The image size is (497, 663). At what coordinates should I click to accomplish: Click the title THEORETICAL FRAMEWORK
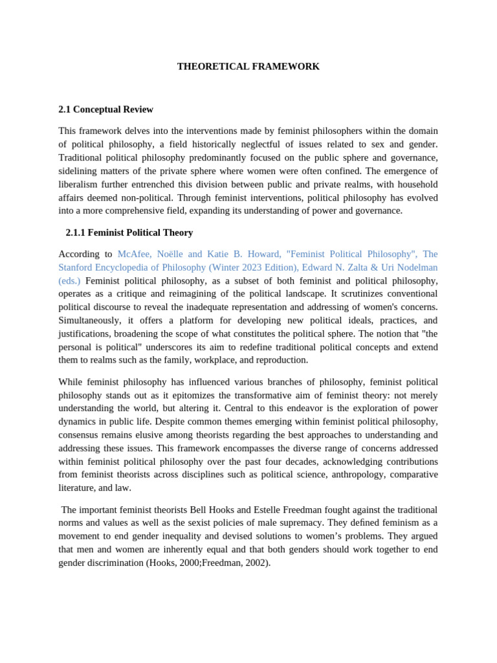point(248,67)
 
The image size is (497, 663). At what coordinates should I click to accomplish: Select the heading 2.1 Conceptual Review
point(105,109)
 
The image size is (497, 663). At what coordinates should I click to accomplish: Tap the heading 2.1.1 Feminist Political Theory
point(129,232)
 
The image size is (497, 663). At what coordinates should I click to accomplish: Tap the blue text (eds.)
point(69,280)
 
